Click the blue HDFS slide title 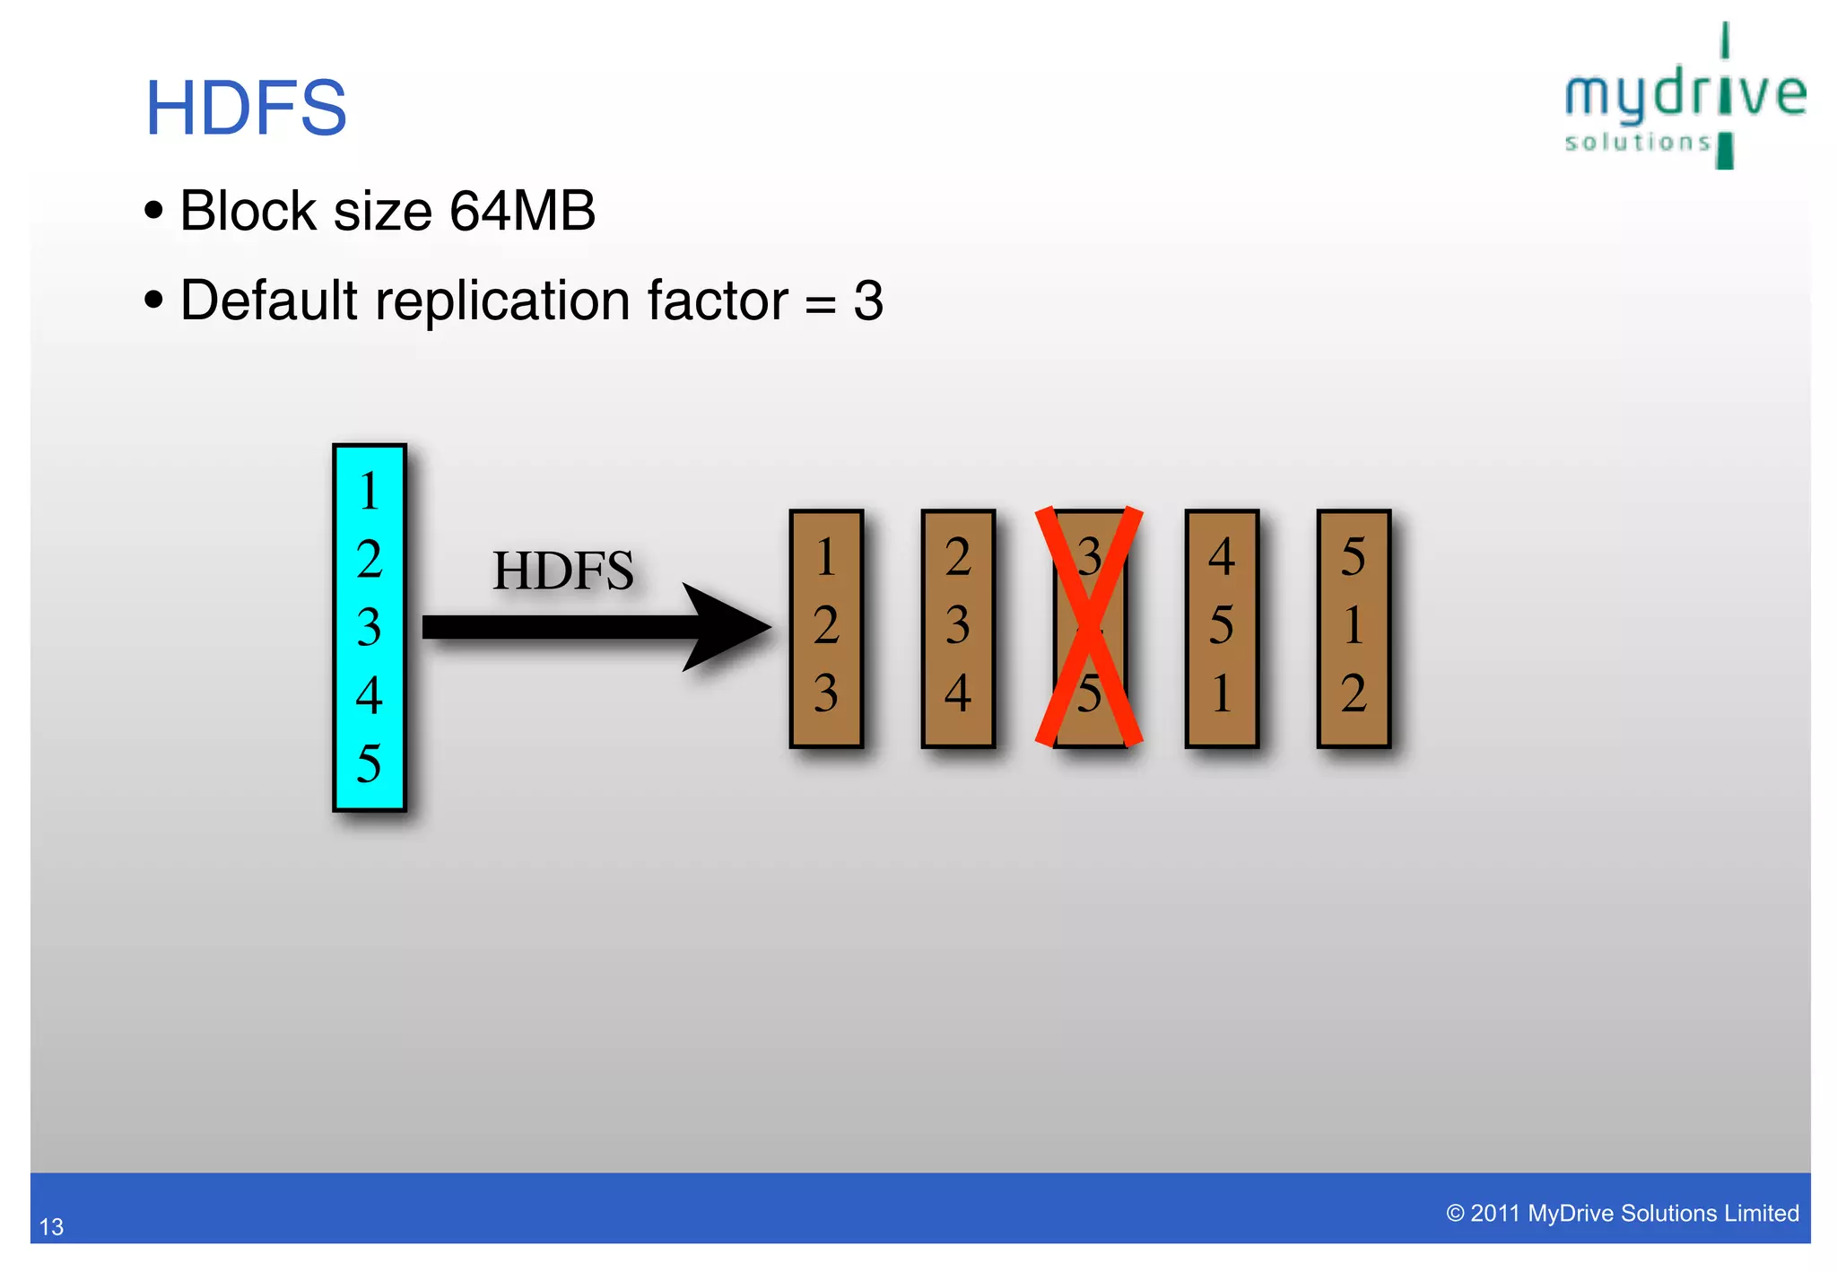point(246,109)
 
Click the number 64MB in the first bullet point(522,212)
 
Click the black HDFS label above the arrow point(562,571)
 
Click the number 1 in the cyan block point(369,491)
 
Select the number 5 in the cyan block point(369,763)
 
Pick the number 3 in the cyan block point(369,627)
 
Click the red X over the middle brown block point(1089,627)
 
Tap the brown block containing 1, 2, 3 point(826,628)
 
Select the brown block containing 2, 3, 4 point(958,628)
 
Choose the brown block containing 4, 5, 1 point(1222,628)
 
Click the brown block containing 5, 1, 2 point(1354,628)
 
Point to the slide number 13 point(51,1226)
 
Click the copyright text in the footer point(1622,1213)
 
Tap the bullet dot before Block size point(154,211)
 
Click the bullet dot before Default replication point(154,300)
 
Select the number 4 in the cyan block point(369,695)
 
